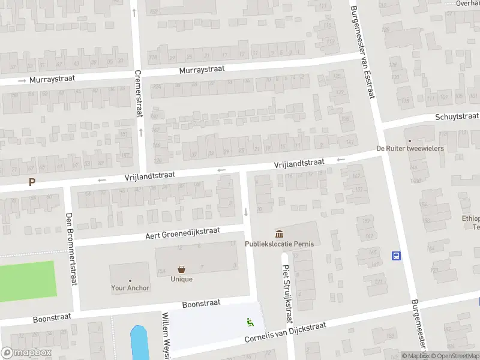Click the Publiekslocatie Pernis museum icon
coord(279,233)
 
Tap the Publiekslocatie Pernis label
coord(279,244)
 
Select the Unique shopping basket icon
coord(181,269)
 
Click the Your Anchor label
coord(130,288)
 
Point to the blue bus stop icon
coord(396,256)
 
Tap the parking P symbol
coord(32,182)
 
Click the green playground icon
coord(250,322)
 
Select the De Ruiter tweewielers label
coord(410,148)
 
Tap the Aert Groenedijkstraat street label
coord(182,233)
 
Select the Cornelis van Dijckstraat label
coord(285,332)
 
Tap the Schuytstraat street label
coord(457,116)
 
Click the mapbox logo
coord(26,353)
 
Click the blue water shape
coord(139,343)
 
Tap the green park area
coord(27,279)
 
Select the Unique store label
coord(181,279)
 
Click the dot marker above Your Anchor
coord(130,280)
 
